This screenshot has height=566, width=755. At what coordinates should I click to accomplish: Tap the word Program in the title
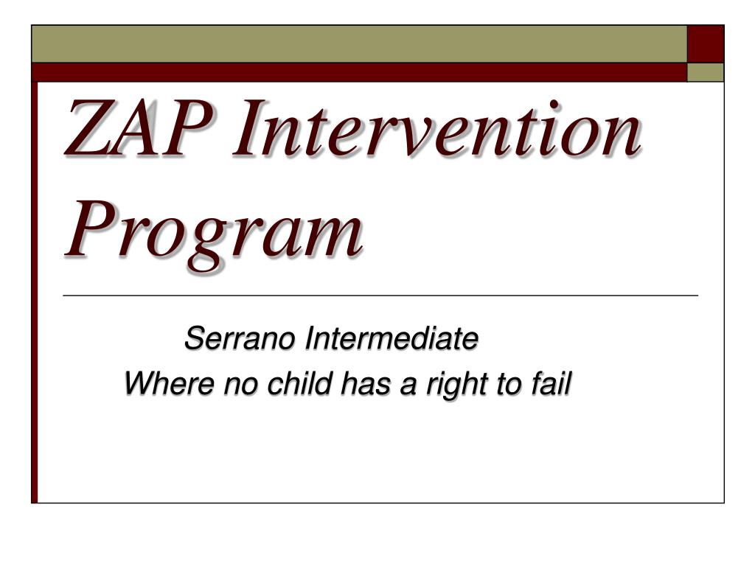click(214, 234)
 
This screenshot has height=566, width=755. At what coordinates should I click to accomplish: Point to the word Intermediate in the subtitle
click(392, 338)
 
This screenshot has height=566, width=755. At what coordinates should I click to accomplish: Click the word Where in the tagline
click(170, 383)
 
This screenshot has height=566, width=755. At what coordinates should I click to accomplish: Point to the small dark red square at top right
click(706, 43)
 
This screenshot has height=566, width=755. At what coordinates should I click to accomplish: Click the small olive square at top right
click(706, 72)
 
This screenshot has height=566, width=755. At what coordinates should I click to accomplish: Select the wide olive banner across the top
click(359, 43)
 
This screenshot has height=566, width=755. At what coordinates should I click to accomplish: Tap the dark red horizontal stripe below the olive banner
click(359, 72)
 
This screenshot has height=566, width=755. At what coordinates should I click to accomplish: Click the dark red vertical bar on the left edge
click(35, 292)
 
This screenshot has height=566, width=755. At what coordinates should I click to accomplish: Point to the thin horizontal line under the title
click(380, 296)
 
